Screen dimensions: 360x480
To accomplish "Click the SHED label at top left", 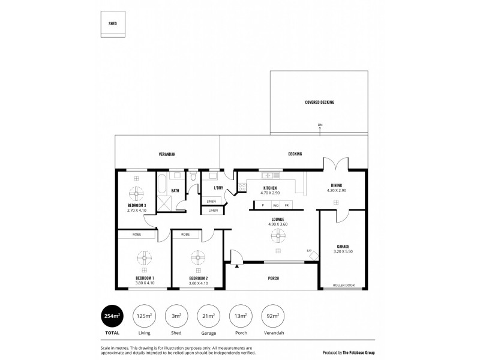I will pyautogui.click(x=113, y=23).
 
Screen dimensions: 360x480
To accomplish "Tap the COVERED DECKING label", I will pyautogui.click(x=319, y=103).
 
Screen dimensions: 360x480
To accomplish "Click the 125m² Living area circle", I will pyautogui.click(x=143, y=316).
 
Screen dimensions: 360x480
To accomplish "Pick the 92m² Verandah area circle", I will pyautogui.click(x=273, y=316).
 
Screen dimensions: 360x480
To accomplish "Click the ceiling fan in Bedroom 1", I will pyautogui.click(x=144, y=259).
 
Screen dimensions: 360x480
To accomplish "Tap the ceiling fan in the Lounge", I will pyautogui.click(x=277, y=235).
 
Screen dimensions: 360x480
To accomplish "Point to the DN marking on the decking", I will pyautogui.click(x=320, y=125).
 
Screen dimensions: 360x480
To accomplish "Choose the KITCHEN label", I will pyautogui.click(x=269, y=188).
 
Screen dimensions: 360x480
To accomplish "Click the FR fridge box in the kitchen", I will pyautogui.click(x=286, y=205).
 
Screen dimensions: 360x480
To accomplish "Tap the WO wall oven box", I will pyautogui.click(x=275, y=205).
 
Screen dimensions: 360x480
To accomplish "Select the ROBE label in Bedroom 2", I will pyautogui.click(x=185, y=234).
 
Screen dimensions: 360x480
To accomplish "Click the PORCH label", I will pyautogui.click(x=273, y=278).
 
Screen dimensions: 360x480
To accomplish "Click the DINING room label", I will pyautogui.click(x=337, y=185).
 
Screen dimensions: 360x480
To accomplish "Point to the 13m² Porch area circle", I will pyautogui.click(x=241, y=316).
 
